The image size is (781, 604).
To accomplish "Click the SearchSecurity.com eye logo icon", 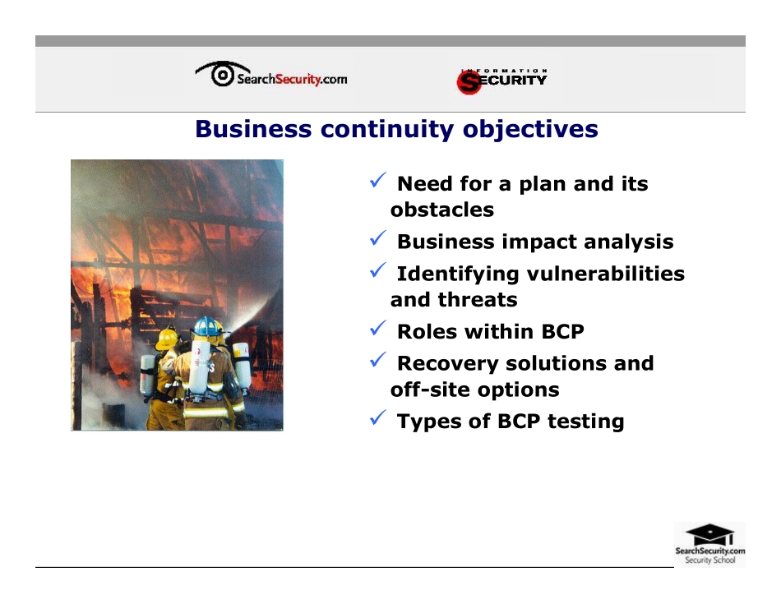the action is click(x=222, y=74).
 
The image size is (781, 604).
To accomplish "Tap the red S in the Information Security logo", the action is click(x=469, y=82).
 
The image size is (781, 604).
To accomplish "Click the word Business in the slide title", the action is click(x=253, y=128).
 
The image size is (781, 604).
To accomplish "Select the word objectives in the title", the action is click(x=530, y=130).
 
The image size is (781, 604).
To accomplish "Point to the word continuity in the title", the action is click(x=387, y=130).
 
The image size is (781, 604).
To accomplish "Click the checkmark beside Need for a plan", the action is click(x=378, y=180).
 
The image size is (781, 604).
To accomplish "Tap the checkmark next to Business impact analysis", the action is click(x=378, y=238).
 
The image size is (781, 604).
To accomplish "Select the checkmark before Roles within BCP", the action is click(x=378, y=328).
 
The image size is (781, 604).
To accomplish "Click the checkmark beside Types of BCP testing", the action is click(x=378, y=417).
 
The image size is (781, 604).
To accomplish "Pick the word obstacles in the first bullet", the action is click(x=441, y=210).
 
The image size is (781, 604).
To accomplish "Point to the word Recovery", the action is click(x=448, y=364).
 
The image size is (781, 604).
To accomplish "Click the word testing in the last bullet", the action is click(x=585, y=422).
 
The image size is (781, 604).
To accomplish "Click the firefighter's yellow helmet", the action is click(x=167, y=339).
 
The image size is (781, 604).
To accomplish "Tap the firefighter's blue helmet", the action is click(x=208, y=326).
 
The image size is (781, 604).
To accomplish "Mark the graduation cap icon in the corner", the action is click(x=709, y=534).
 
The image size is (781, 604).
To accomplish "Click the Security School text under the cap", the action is click(x=709, y=560).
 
